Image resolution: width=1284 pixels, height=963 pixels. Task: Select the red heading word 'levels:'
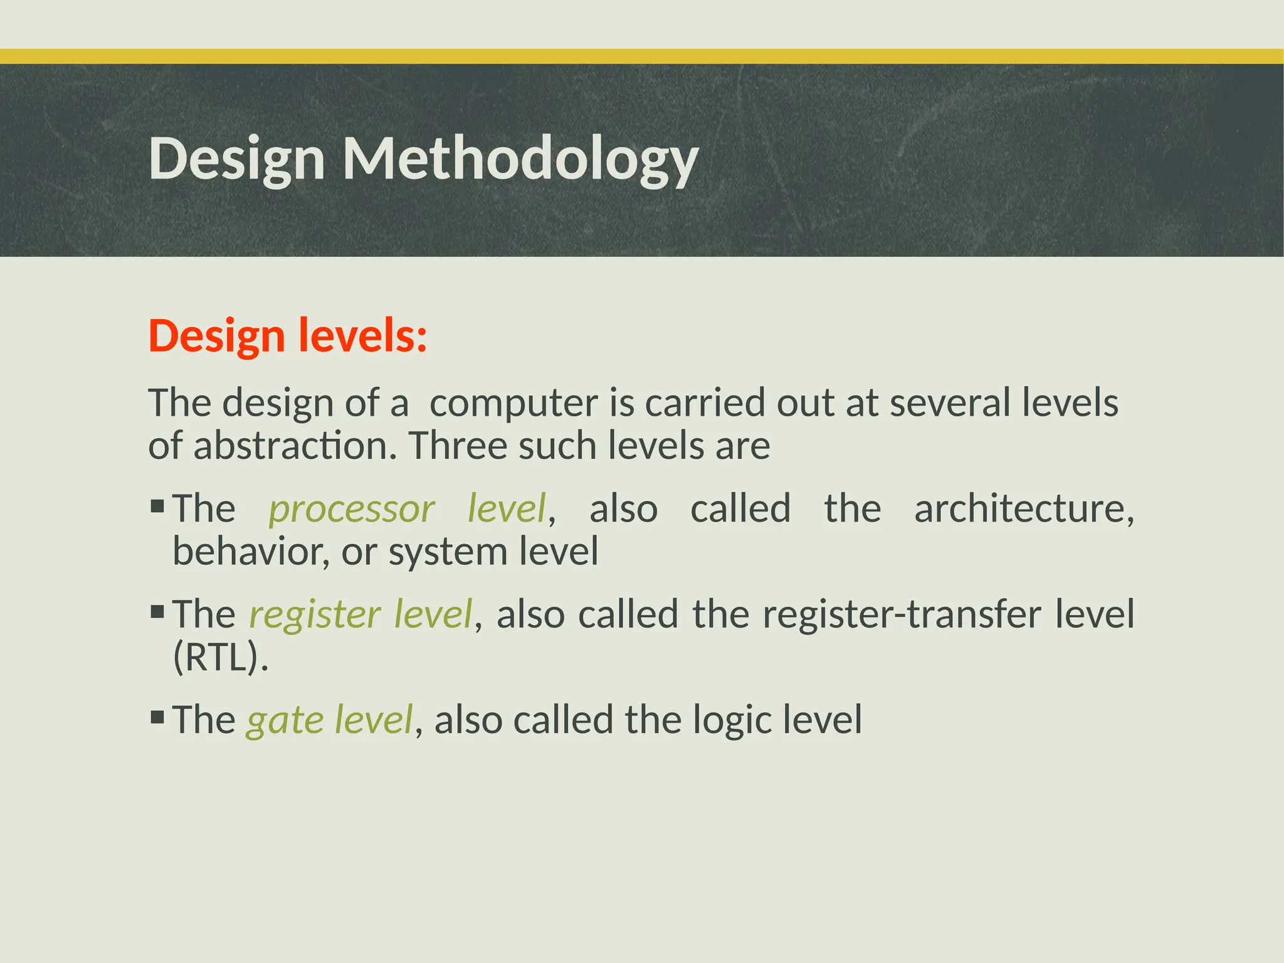click(x=362, y=336)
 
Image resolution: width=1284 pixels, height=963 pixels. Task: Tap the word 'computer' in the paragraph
click(x=513, y=403)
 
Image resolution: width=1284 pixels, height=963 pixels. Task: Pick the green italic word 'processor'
click(x=352, y=509)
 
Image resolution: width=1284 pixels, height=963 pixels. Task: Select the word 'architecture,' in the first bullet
click(x=1024, y=509)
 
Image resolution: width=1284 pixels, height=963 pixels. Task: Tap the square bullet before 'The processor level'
click(x=157, y=505)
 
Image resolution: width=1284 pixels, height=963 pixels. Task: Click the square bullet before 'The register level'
click(x=157, y=611)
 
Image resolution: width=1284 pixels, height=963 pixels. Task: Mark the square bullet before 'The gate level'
click(x=157, y=716)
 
